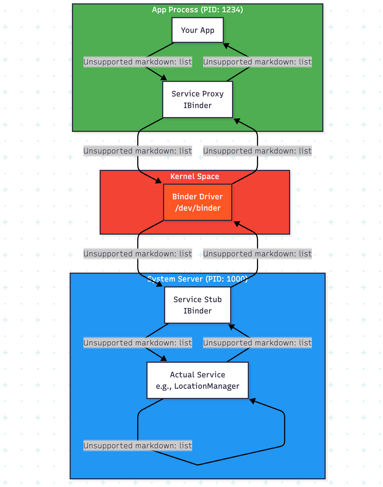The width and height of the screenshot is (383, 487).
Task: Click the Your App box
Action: (197, 30)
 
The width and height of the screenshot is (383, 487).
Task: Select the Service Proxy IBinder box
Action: (197, 99)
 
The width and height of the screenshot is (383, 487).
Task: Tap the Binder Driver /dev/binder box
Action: (197, 202)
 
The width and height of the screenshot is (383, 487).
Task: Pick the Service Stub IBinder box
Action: (197, 305)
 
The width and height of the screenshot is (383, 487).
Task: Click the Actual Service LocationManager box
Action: (197, 380)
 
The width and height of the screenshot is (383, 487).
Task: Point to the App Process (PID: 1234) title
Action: (197, 10)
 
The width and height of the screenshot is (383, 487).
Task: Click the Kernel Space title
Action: (195, 176)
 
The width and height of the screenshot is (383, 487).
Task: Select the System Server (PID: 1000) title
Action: (197, 279)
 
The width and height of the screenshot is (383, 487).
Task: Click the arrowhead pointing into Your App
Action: (226, 45)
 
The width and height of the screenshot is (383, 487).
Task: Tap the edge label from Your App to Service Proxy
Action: (138, 62)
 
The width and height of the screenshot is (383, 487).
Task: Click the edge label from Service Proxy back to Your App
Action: (257, 62)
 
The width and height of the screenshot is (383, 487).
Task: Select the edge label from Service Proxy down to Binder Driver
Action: (138, 151)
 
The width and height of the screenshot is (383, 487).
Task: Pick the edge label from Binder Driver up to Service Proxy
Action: (257, 151)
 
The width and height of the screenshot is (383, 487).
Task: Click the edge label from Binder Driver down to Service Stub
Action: (138, 254)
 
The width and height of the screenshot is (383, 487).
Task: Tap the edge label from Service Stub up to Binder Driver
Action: (257, 254)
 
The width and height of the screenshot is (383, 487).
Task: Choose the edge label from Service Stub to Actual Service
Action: (138, 343)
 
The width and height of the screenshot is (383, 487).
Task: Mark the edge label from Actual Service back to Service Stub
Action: (257, 343)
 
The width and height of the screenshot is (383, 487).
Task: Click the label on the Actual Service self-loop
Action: (138, 446)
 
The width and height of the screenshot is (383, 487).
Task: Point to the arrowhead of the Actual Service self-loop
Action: (252, 401)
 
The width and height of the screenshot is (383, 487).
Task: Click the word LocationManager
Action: (207, 386)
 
